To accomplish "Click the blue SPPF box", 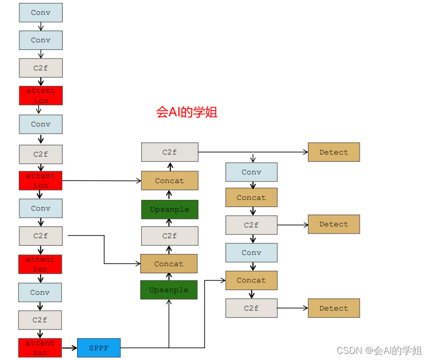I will click(99, 348).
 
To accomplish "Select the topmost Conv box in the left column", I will click(41, 13).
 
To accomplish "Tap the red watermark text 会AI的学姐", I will click(187, 112).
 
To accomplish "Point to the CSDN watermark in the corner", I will click(379, 350).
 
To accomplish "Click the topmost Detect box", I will click(334, 152).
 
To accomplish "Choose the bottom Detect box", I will click(334, 308).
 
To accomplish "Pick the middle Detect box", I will click(334, 224).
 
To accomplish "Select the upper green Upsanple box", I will click(169, 210).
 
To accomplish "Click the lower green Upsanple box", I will click(169, 290).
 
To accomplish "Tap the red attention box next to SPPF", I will click(40, 348).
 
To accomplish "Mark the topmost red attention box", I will click(41, 95).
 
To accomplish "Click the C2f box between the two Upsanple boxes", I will click(169, 236).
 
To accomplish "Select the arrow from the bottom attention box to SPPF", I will click(69, 348).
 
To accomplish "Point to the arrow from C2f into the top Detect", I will click(253, 152).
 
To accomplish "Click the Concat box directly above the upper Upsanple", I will click(169, 181).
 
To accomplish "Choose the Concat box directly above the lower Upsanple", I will click(169, 264).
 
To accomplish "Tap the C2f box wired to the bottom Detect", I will click(251, 308).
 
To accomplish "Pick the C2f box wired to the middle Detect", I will click(251, 225).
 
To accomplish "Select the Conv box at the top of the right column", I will click(251, 172).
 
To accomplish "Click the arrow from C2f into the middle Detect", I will click(292, 224).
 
